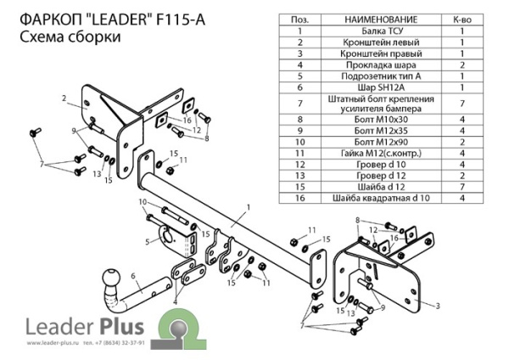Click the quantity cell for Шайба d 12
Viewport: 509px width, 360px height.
pos(461,186)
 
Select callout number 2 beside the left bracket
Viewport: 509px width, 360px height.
pos(64,99)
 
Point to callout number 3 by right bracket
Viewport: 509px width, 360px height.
pos(439,304)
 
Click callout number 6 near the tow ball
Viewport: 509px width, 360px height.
pos(133,275)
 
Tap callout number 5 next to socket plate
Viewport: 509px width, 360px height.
pos(147,242)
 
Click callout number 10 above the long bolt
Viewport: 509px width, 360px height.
pos(143,201)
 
